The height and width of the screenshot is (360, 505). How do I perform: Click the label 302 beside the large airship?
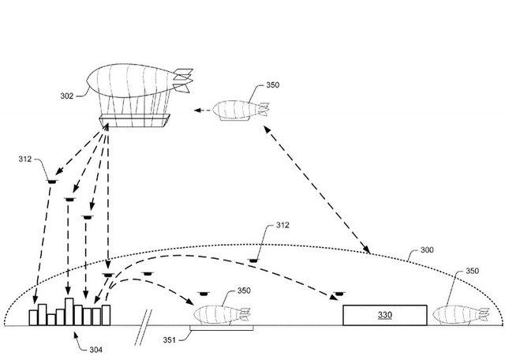(x=67, y=96)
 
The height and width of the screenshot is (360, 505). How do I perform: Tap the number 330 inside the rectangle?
(x=384, y=314)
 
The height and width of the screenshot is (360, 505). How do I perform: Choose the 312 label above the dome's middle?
(x=282, y=226)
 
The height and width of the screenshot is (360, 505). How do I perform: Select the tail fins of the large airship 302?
(x=182, y=79)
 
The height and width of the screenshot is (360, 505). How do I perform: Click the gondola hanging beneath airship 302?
(x=135, y=121)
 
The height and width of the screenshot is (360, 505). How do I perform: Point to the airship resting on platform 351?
(x=219, y=313)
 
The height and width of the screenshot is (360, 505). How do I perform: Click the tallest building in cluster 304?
(x=69, y=311)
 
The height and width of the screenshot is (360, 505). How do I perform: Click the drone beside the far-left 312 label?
(x=52, y=180)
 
